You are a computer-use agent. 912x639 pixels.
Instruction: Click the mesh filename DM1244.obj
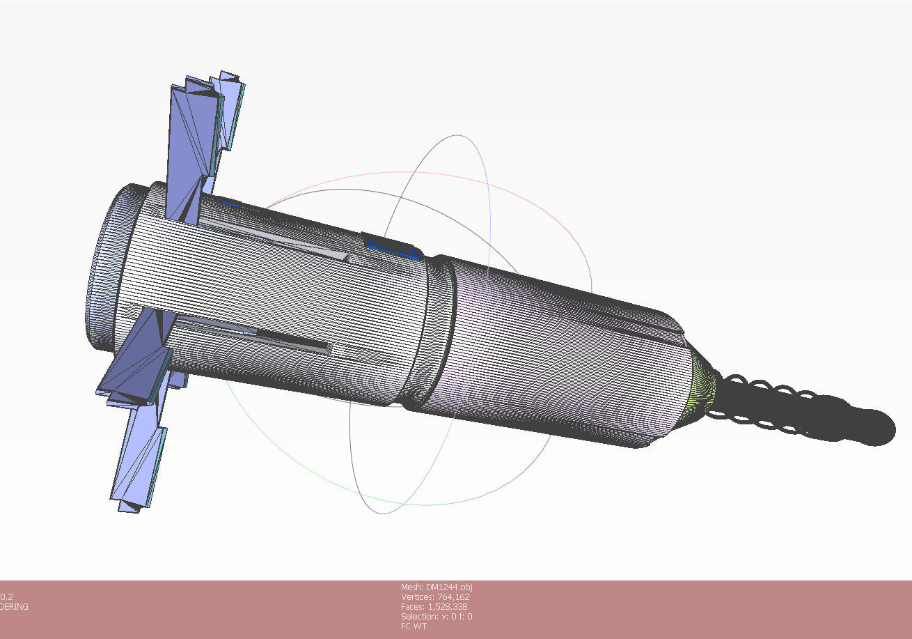point(437,587)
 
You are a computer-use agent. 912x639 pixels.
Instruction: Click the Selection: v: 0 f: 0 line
point(436,617)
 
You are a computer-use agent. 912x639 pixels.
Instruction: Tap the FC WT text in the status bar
point(414,626)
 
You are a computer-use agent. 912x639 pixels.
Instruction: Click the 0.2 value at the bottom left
point(6,597)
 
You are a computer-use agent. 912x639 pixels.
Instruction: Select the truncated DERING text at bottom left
point(14,607)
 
